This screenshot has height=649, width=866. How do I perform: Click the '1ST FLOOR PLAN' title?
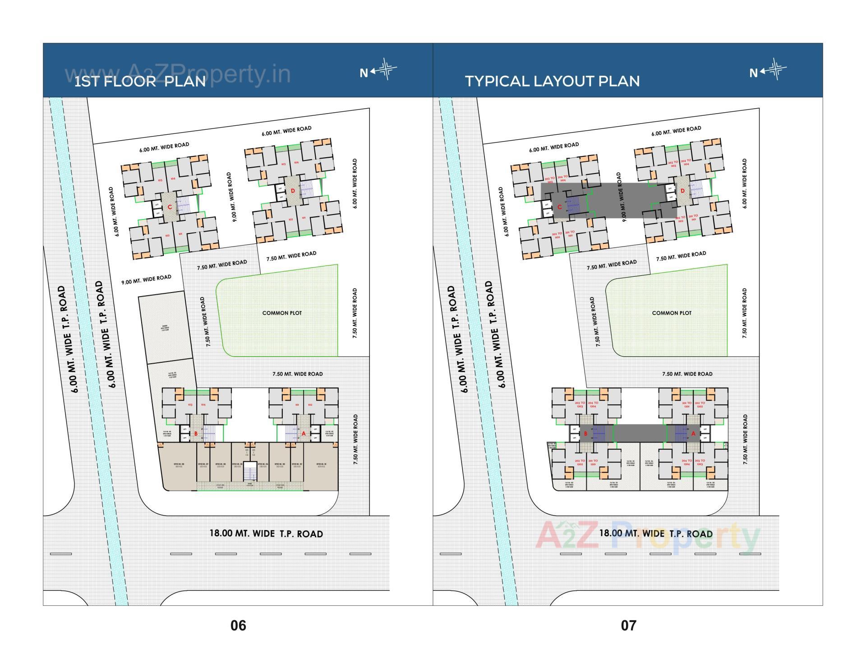click(x=140, y=81)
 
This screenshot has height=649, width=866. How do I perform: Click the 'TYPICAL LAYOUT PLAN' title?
click(x=552, y=81)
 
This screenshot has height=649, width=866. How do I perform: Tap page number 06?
click(x=238, y=626)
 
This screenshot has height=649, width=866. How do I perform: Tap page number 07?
click(x=628, y=626)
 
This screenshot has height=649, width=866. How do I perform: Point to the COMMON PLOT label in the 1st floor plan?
click(x=282, y=313)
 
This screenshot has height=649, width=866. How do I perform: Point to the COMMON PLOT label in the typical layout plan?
click(x=672, y=313)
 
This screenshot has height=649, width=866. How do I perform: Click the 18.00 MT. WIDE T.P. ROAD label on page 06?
click(x=266, y=534)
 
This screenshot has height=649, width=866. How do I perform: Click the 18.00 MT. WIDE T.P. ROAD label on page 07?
click(x=656, y=534)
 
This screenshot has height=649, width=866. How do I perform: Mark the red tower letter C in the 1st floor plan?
click(x=170, y=207)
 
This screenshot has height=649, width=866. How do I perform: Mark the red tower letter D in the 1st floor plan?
click(x=293, y=191)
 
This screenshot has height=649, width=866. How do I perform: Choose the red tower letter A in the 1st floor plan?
click(x=304, y=434)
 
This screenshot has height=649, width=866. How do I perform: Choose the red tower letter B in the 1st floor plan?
click(x=196, y=434)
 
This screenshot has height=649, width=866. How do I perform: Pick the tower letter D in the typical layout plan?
click(x=682, y=191)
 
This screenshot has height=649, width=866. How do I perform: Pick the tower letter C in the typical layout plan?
click(x=559, y=207)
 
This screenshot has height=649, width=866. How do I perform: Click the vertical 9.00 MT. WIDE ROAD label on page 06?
click(x=231, y=197)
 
